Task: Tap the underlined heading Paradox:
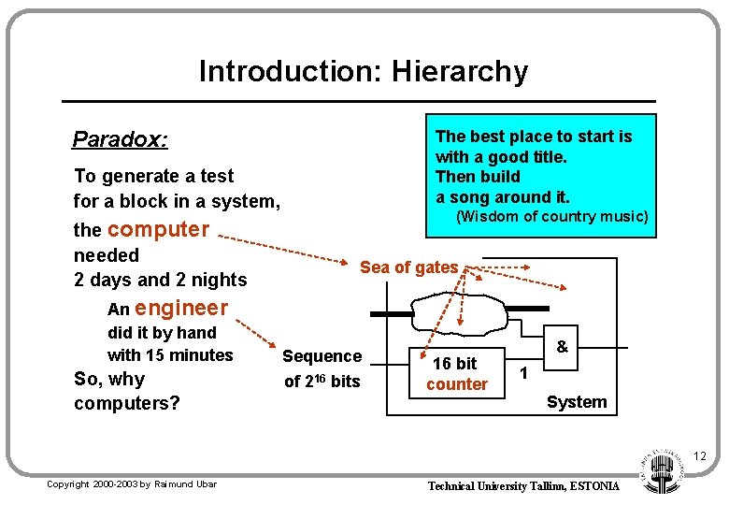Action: click(121, 140)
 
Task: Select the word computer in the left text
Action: click(159, 229)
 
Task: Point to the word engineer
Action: click(181, 308)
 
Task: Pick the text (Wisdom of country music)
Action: click(551, 217)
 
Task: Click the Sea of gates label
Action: click(409, 267)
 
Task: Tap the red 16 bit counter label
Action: click(457, 374)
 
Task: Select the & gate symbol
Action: click(562, 347)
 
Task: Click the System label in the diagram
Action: click(577, 402)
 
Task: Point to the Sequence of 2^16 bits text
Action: click(322, 368)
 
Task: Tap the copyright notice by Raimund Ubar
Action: click(132, 484)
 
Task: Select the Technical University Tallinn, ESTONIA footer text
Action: click(523, 486)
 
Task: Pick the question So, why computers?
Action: click(127, 391)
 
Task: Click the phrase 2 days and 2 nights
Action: click(160, 280)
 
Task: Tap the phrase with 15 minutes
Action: click(170, 355)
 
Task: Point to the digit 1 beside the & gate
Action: click(523, 373)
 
